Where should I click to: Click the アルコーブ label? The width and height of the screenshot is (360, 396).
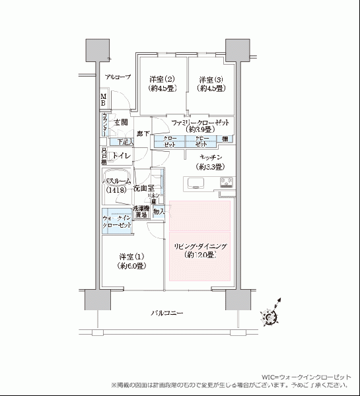click(x=118, y=77)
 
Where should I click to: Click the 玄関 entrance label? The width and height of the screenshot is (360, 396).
click(x=120, y=123)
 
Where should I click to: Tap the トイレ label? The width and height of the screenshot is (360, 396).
click(x=120, y=156)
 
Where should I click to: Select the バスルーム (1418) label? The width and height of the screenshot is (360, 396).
click(x=116, y=185)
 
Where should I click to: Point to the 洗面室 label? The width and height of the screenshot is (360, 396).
click(x=143, y=188)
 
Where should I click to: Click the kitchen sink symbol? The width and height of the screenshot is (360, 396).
click(x=198, y=183)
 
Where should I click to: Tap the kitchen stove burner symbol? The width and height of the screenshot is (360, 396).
click(x=226, y=183)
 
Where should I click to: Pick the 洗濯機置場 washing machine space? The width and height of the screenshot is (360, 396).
click(x=140, y=212)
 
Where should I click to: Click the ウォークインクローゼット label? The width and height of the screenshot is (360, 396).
click(x=116, y=221)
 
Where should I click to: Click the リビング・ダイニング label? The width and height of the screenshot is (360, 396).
click(x=201, y=250)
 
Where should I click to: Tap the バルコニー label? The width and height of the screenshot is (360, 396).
click(x=166, y=312)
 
